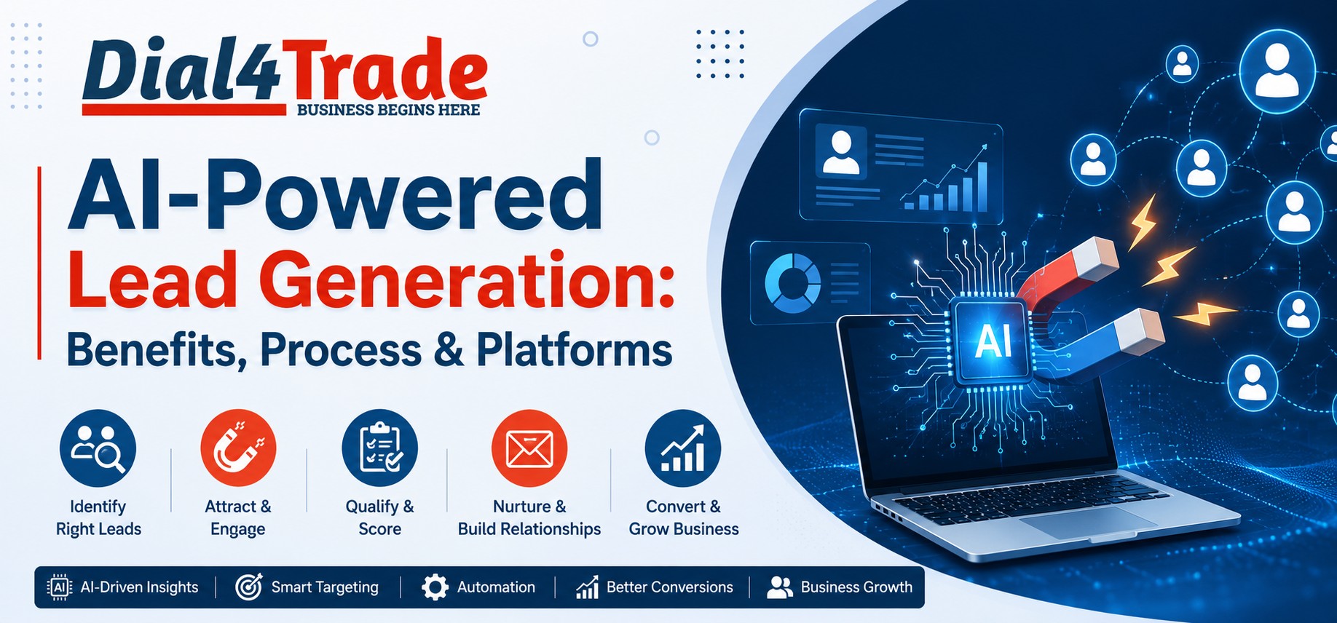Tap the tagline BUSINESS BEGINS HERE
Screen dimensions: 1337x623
click(x=389, y=110)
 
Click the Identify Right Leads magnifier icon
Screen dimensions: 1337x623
click(x=98, y=448)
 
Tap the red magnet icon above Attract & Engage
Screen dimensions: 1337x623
click(x=238, y=448)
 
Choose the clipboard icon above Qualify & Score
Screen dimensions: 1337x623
click(x=380, y=448)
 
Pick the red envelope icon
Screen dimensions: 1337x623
click(x=529, y=448)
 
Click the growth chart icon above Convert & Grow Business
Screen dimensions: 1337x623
click(x=683, y=448)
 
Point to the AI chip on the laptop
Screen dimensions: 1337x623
click(x=993, y=340)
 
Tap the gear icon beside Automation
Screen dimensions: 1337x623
click(x=435, y=587)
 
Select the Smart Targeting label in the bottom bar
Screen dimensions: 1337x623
click(x=325, y=587)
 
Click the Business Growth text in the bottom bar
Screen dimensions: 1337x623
click(x=856, y=587)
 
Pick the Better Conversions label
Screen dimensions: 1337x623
click(x=670, y=587)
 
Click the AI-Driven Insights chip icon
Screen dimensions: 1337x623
click(x=59, y=587)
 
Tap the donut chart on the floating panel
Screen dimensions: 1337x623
click(x=792, y=282)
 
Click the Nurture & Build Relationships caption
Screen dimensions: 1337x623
click(x=529, y=517)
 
